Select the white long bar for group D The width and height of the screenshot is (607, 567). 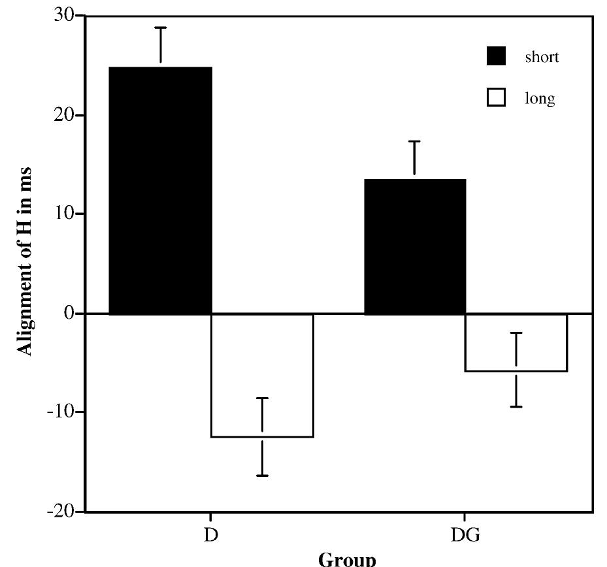pos(262,375)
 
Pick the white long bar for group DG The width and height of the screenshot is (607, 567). pos(516,342)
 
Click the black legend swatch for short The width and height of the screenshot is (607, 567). pos(496,57)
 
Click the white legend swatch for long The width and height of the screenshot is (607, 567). pos(496,99)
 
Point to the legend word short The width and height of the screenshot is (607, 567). pos(542,57)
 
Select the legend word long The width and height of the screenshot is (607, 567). pos(540,99)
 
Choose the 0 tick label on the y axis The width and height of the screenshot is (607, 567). pos(69,313)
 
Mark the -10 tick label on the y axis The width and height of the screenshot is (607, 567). pos(60,412)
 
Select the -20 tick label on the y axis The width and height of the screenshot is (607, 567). pos(60,511)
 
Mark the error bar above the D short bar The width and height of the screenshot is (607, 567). pos(161,46)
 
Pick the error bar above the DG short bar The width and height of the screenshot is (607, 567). pos(415,159)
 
